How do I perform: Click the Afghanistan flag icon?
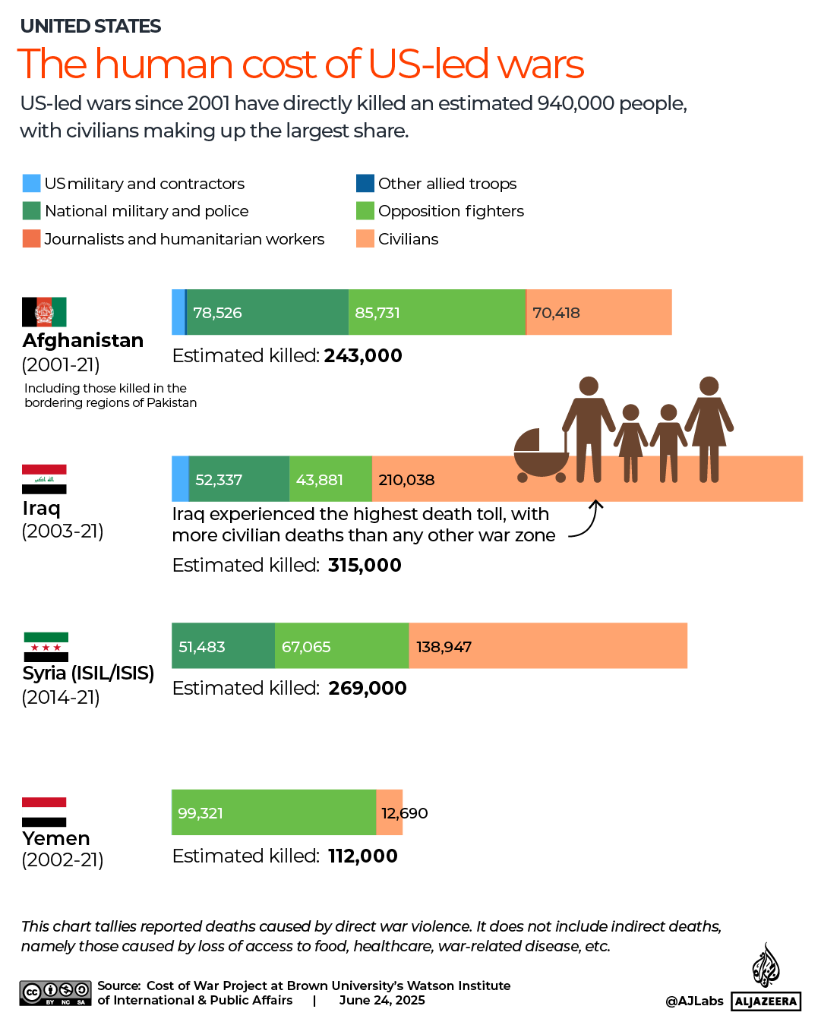tap(44, 311)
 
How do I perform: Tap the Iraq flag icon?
tap(44, 479)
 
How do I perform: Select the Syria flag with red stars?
tap(46, 647)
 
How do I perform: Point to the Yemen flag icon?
tap(44, 812)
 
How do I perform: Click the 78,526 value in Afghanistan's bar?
tap(217, 313)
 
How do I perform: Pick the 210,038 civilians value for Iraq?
tap(406, 480)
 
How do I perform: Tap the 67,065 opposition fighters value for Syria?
tap(306, 647)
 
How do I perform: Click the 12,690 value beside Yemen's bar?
tap(404, 813)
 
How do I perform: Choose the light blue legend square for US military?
tap(31, 183)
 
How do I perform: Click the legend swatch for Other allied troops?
tap(365, 183)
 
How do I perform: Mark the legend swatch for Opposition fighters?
tap(365, 210)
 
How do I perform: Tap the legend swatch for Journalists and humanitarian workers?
tap(31, 238)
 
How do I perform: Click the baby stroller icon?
tap(541, 456)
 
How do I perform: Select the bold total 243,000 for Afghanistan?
tap(363, 355)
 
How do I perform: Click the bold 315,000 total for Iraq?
tap(365, 565)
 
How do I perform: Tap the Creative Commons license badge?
tap(55, 993)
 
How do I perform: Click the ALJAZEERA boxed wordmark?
tap(766, 1001)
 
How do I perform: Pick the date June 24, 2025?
tap(382, 1000)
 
